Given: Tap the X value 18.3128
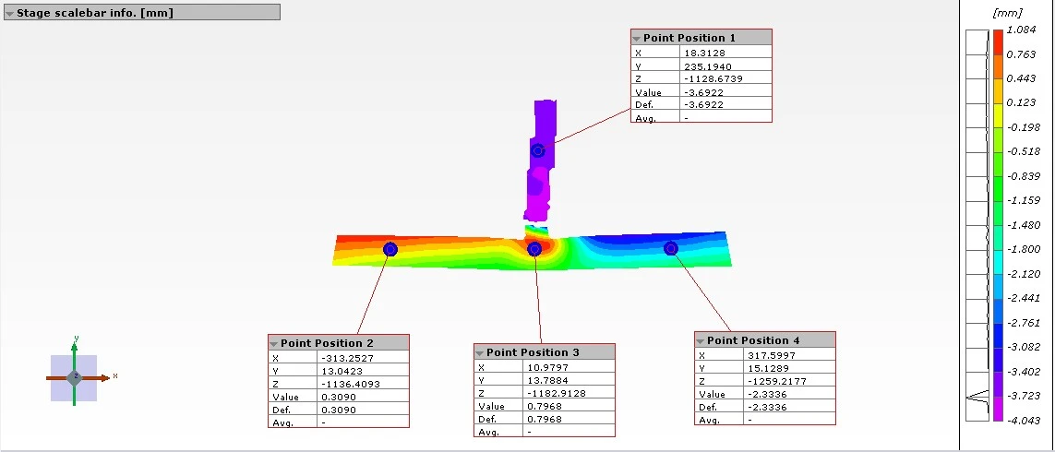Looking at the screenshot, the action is (703, 53).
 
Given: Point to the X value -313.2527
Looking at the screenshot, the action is (347, 358).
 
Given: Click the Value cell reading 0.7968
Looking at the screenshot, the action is (543, 406).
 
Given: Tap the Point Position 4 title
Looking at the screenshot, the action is (753, 340).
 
